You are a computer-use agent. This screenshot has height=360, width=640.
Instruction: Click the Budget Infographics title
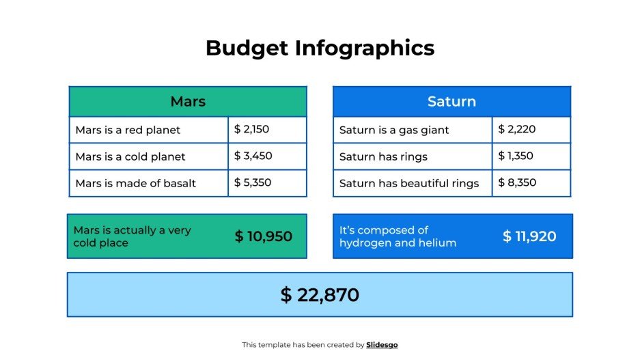[320, 48]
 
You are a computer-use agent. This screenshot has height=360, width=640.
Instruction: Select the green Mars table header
[188, 102]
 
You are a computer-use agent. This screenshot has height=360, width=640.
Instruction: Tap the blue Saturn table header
[451, 102]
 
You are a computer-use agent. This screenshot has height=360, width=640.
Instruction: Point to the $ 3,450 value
[253, 156]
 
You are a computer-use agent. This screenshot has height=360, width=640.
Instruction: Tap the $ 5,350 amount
[253, 182]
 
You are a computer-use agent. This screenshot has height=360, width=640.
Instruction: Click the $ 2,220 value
[516, 129]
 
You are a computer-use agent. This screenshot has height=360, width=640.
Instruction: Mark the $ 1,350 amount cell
[516, 156]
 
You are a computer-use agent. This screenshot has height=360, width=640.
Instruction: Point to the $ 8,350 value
[517, 182]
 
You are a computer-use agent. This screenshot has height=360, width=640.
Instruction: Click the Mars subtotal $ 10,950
[263, 236]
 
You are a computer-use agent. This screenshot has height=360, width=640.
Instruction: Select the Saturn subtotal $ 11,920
[529, 236]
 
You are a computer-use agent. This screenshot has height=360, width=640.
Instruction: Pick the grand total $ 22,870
[320, 295]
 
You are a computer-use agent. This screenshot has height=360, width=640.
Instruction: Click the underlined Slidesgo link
[382, 345]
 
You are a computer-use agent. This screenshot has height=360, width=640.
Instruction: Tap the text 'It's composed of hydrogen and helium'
[398, 236]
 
